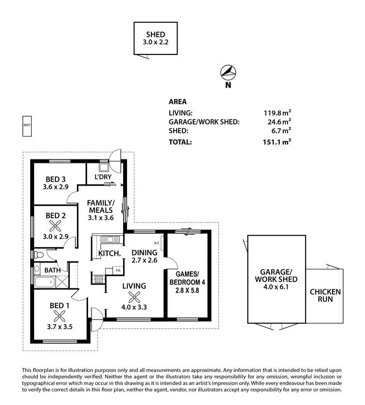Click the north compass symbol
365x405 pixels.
click(x=228, y=73)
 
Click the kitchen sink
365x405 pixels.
click(x=111, y=239)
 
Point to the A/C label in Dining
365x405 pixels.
click(x=157, y=243)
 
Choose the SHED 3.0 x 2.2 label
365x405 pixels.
click(x=156, y=38)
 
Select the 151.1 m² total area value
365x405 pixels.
click(x=276, y=142)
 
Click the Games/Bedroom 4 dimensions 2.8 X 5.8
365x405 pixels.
click(x=184, y=291)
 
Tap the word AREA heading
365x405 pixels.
click(x=178, y=102)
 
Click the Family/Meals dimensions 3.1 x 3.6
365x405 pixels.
click(x=101, y=218)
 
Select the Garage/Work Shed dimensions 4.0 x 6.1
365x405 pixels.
click(x=275, y=287)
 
